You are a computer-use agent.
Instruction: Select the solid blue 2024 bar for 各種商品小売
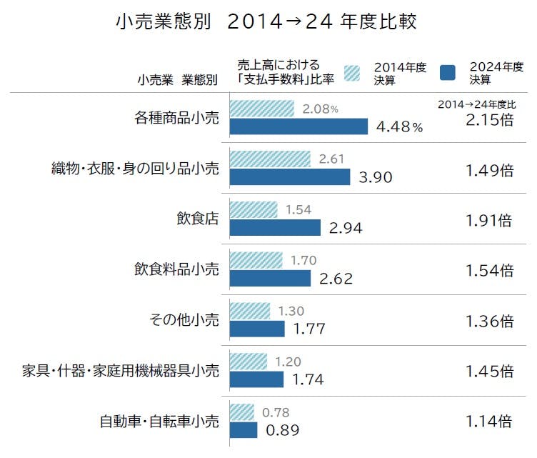click(298, 126)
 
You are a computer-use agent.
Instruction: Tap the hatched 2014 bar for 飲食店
click(254, 210)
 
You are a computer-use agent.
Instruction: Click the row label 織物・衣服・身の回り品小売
click(135, 169)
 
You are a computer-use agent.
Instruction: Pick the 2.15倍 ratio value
click(489, 119)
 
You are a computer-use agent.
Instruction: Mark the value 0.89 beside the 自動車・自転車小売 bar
click(282, 430)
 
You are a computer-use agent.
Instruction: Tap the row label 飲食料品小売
click(176, 270)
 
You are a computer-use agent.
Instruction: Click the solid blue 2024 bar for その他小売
click(257, 329)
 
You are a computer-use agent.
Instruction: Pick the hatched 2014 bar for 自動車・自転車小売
click(242, 412)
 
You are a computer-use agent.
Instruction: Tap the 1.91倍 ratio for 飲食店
click(489, 220)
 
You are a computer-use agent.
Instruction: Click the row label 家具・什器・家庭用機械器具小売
click(121, 371)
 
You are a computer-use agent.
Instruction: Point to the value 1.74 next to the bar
click(308, 379)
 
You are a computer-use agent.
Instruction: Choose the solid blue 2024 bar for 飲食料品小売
click(270, 278)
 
